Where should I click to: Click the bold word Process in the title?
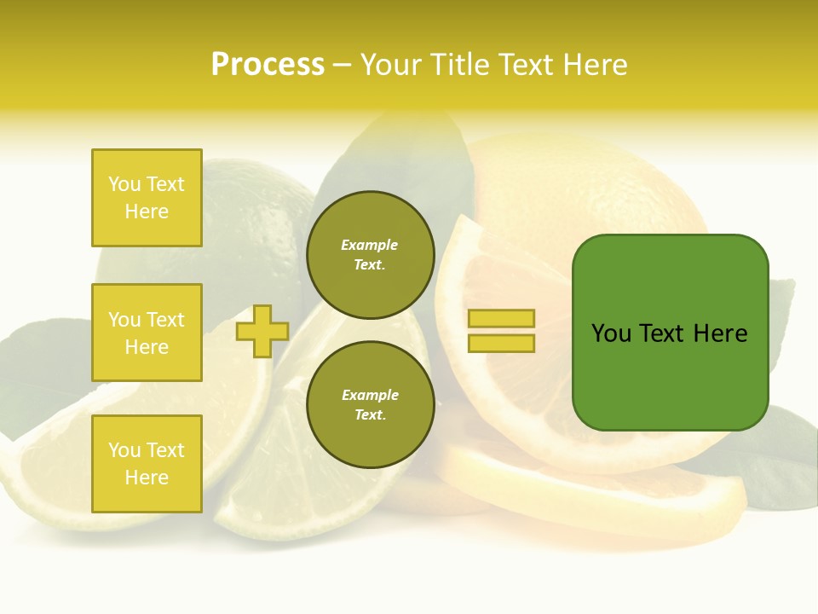pos(268,65)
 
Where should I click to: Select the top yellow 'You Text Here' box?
pos(147,198)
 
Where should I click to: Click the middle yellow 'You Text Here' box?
pos(147,333)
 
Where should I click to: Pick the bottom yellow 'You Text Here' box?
pos(147,464)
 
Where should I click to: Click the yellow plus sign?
pos(262,331)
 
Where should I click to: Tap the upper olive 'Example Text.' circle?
pos(370,254)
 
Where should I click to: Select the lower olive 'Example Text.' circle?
pos(370,404)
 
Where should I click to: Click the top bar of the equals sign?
pos(501,318)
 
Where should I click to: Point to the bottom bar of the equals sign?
pos(501,344)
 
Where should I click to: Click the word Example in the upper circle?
pos(370,245)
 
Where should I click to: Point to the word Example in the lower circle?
pos(370,395)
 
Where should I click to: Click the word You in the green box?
pos(611,333)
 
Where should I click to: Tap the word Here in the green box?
pos(721,333)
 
